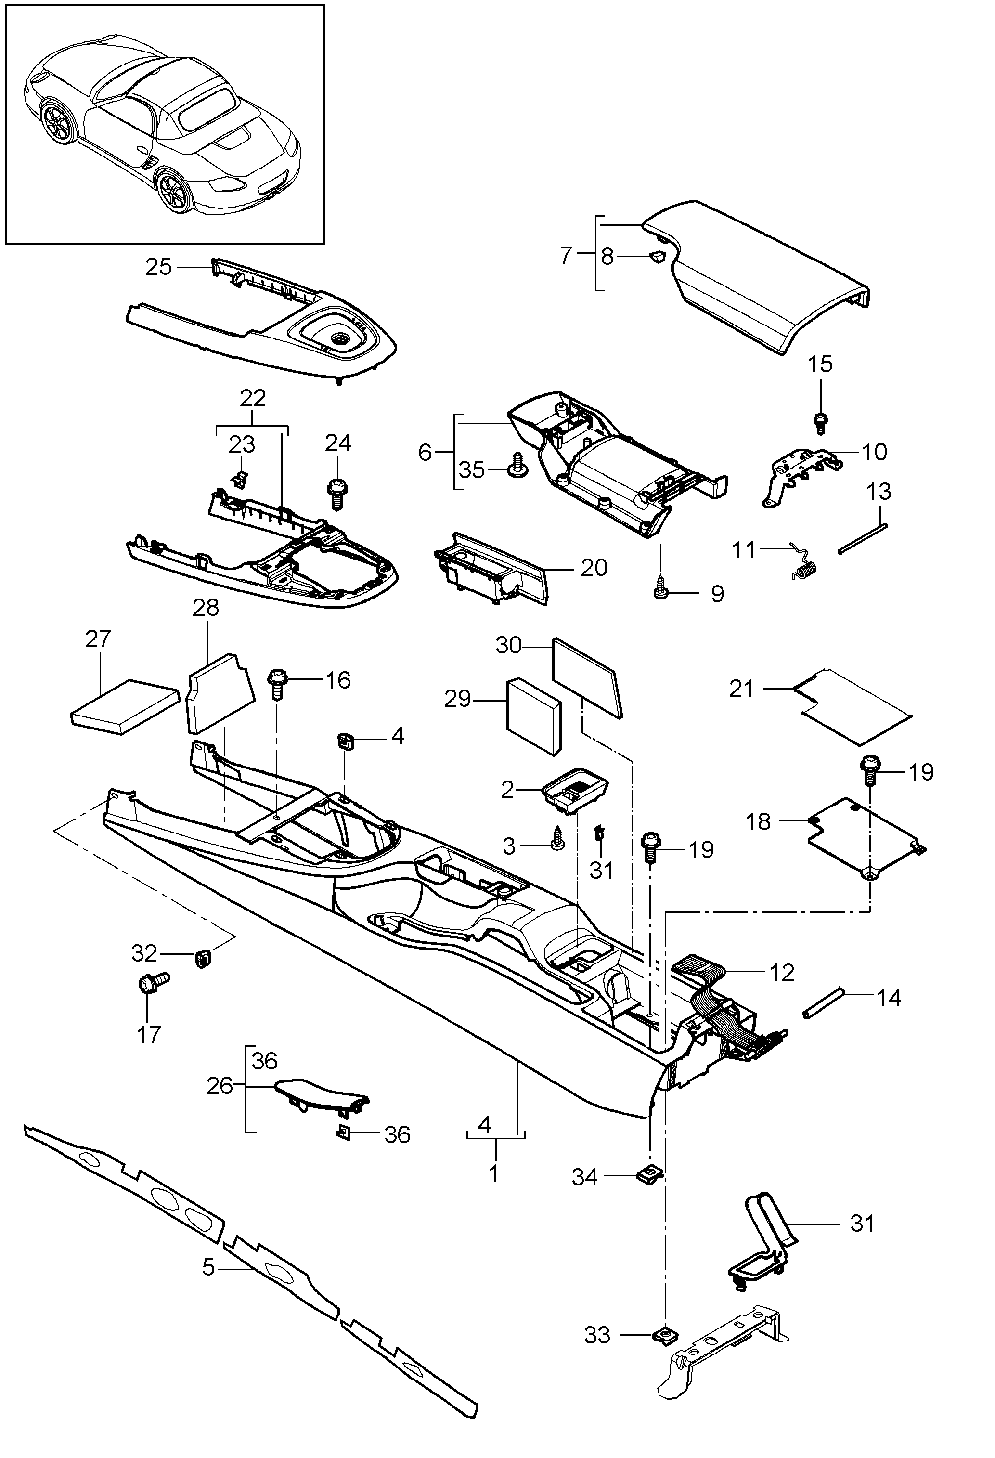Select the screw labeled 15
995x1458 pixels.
(820, 422)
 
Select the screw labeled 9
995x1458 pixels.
(659, 590)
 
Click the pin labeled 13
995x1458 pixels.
(863, 538)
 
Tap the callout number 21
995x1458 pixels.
(741, 689)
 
